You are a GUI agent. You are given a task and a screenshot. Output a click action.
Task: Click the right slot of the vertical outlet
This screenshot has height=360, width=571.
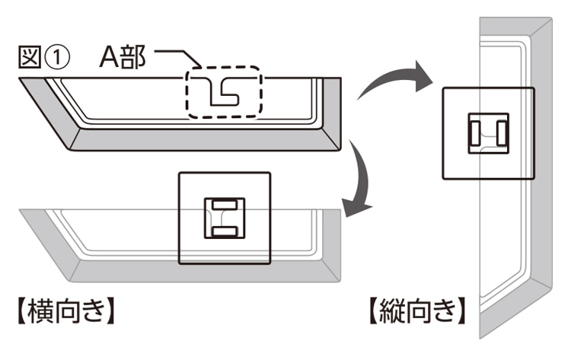click(502, 133)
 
